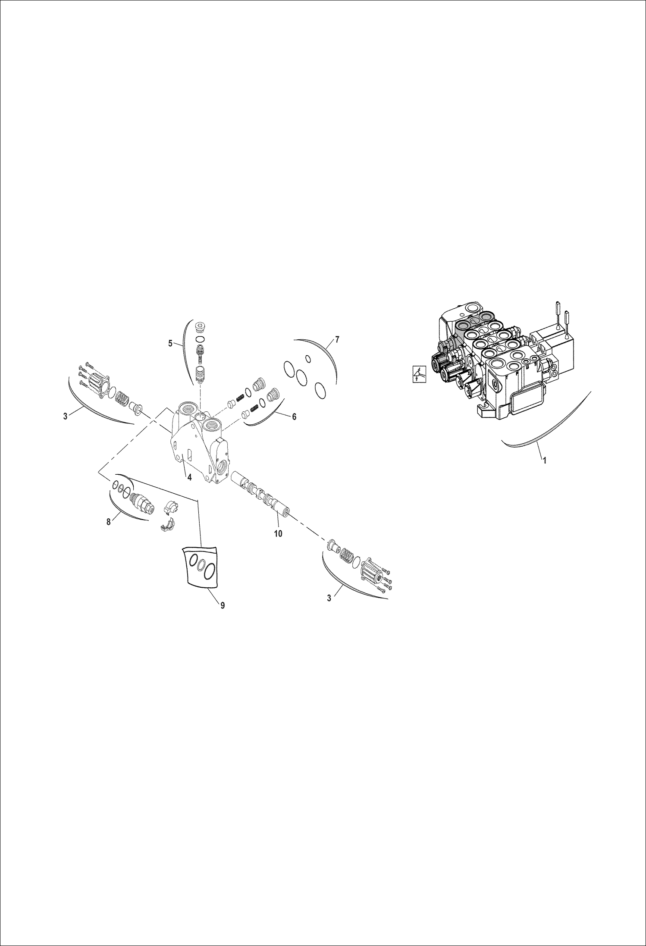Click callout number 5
(170, 344)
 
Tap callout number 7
(337, 340)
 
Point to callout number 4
(189, 477)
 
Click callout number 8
(108, 522)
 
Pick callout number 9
(223, 605)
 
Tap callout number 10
(278, 533)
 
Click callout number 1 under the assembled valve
(544, 460)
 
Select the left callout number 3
(65, 417)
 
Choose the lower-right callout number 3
(329, 598)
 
